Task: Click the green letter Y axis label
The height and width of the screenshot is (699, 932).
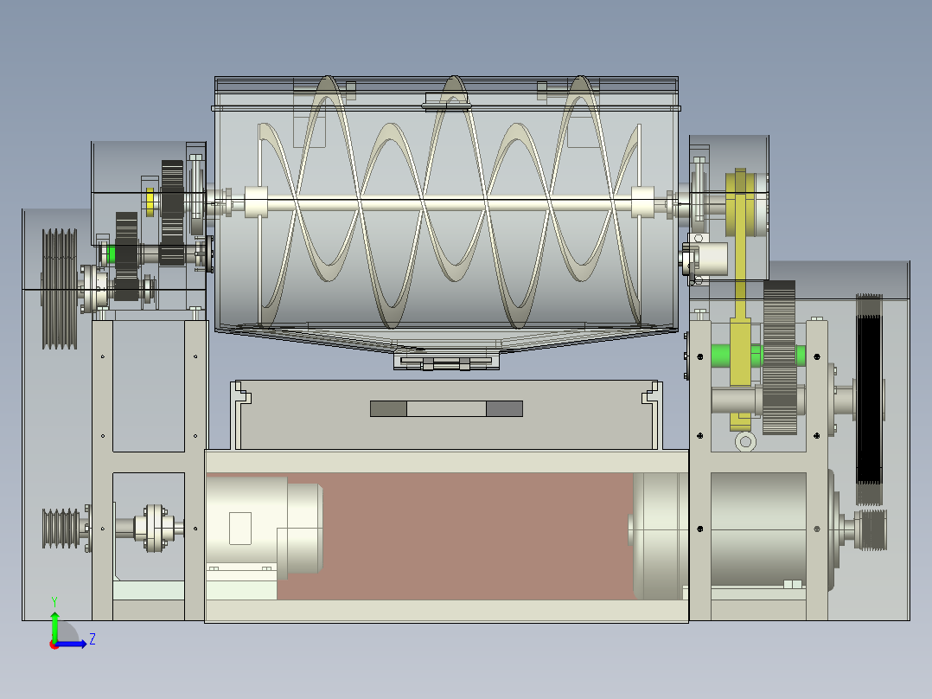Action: click(54, 601)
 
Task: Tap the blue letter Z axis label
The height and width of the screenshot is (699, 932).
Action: click(93, 639)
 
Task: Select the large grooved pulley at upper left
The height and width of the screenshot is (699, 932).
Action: click(60, 289)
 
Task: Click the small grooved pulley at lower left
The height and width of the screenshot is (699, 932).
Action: click(61, 529)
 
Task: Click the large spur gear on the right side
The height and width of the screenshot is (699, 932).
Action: click(779, 357)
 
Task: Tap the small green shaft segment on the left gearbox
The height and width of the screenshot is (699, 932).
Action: click(110, 254)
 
